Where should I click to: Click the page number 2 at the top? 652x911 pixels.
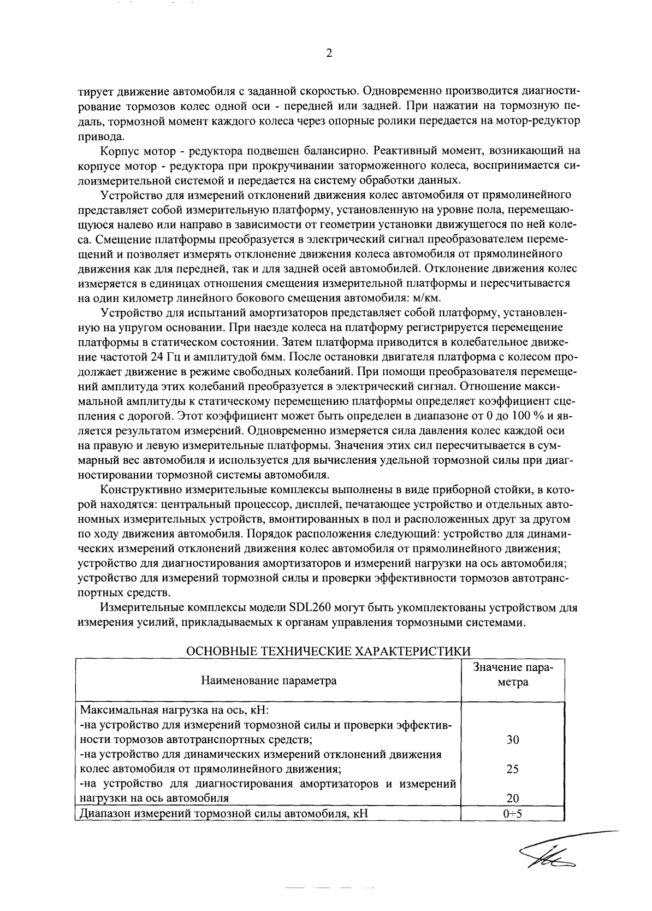coord(328,53)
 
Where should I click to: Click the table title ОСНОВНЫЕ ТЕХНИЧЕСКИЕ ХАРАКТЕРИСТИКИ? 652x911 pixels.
coord(328,652)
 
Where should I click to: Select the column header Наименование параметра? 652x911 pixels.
coord(269,681)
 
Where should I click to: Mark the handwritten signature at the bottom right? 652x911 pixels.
coord(552,860)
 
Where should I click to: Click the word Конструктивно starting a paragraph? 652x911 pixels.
coord(136,488)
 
